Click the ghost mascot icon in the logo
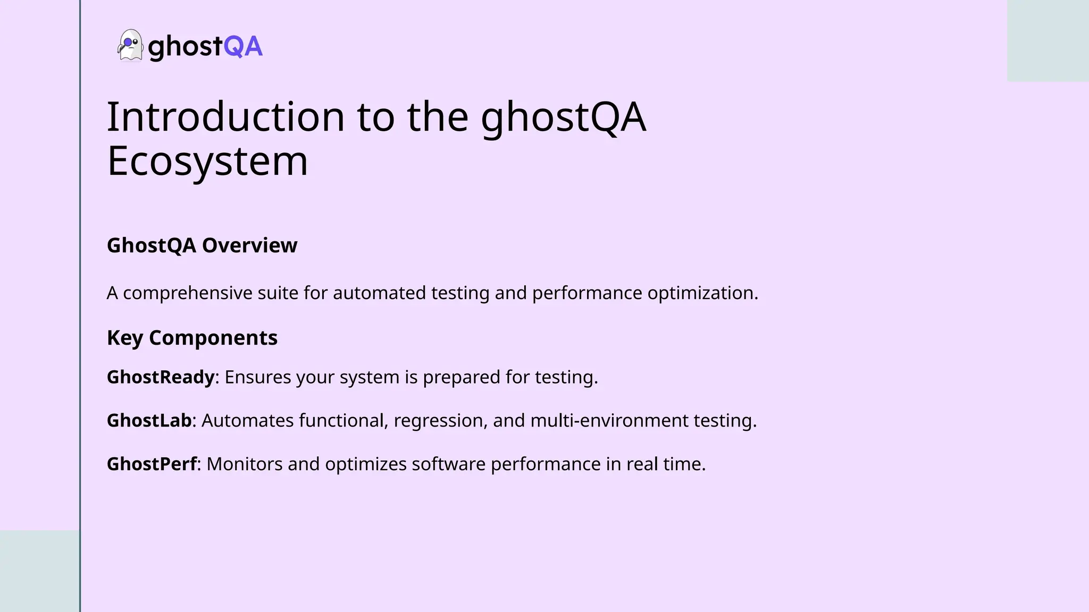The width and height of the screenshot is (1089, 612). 130,45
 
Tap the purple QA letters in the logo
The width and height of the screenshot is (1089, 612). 243,46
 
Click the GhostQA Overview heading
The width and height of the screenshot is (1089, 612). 202,245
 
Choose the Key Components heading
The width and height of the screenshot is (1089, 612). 192,338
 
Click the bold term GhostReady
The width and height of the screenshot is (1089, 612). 161,377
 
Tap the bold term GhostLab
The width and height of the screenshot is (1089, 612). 149,421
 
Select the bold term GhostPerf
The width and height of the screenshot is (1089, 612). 152,464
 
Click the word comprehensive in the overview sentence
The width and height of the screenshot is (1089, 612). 188,293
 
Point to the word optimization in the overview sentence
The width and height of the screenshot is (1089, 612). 702,293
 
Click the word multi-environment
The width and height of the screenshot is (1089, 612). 609,421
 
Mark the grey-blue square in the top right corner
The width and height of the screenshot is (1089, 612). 1048,41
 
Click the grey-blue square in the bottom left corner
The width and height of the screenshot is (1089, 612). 40,571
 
